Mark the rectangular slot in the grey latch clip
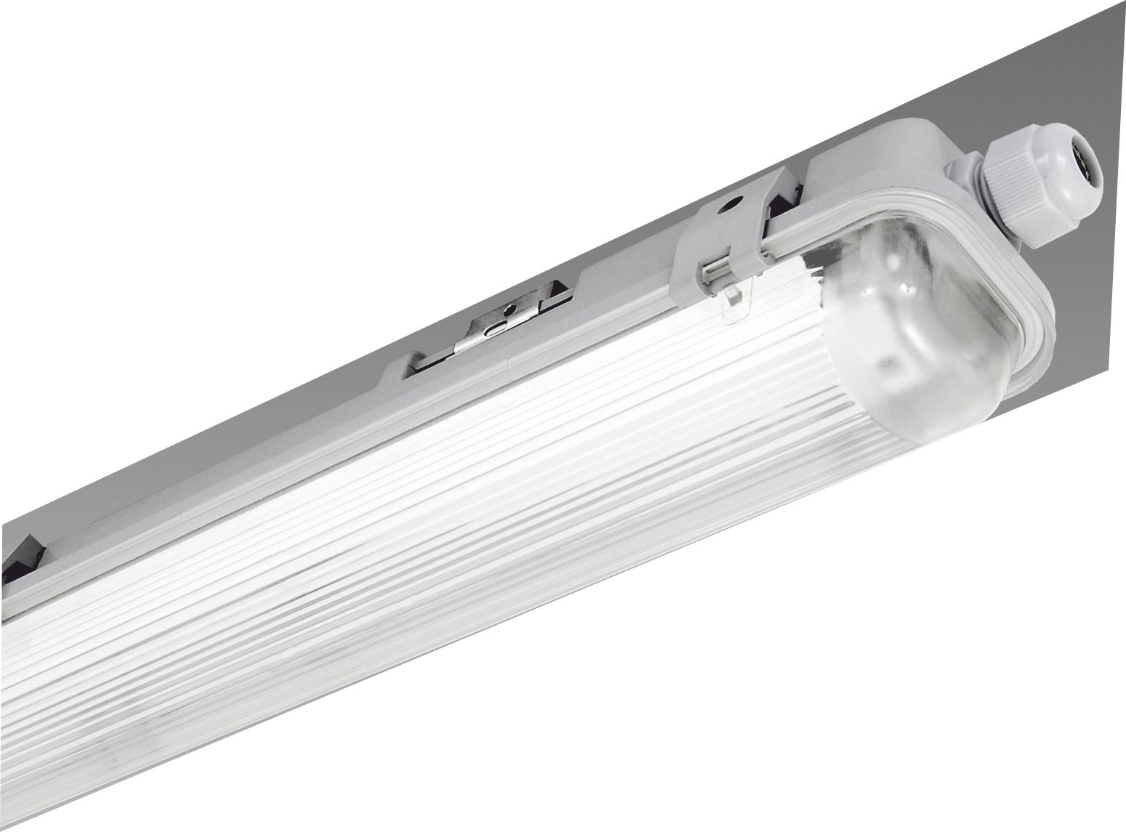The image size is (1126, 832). coord(720,270)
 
